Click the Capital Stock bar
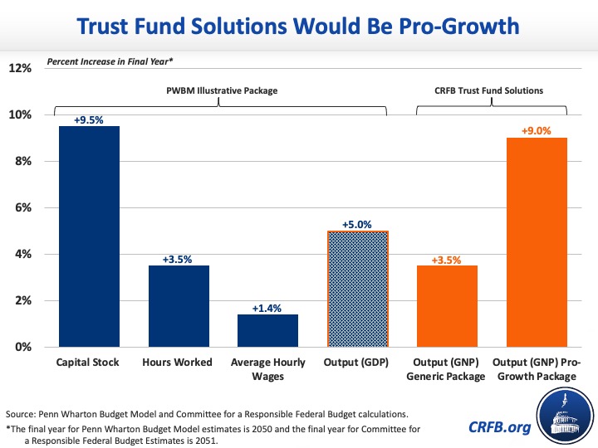pyautogui.click(x=90, y=236)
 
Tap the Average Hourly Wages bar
pyautogui.click(x=268, y=330)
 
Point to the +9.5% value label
pyautogui.click(x=90, y=119)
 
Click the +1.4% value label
pyautogui.click(x=268, y=308)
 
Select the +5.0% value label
pyautogui.click(x=357, y=224)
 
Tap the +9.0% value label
pyautogui.click(x=536, y=130)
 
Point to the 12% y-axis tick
pyautogui.click(x=20, y=68)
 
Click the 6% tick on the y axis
pyautogui.click(x=22, y=207)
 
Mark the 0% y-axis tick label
pyautogui.click(x=22, y=347)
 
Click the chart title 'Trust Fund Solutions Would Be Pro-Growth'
pyautogui.click(x=298, y=27)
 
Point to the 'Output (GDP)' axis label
pyautogui.click(x=357, y=363)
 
